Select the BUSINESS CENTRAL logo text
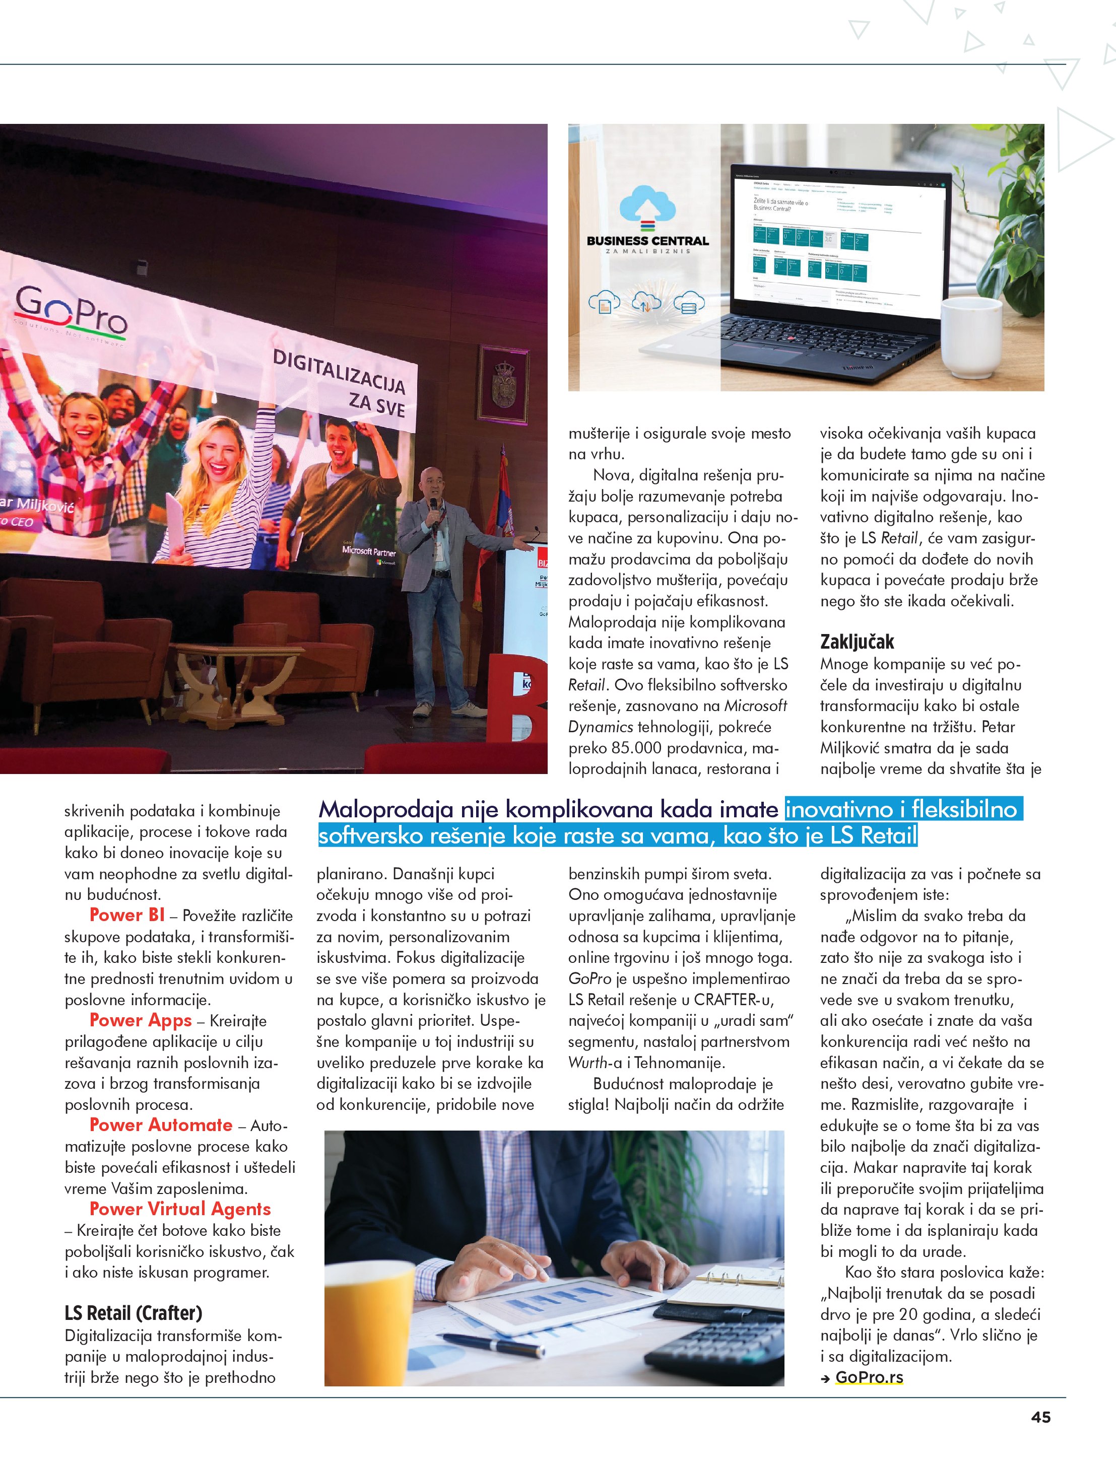point(647,241)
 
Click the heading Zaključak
point(857,642)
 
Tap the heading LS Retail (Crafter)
point(133,1313)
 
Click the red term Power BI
point(126,915)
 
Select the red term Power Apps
point(141,1020)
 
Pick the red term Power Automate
point(161,1125)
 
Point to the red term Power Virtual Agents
point(180,1209)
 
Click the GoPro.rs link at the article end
point(869,1377)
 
